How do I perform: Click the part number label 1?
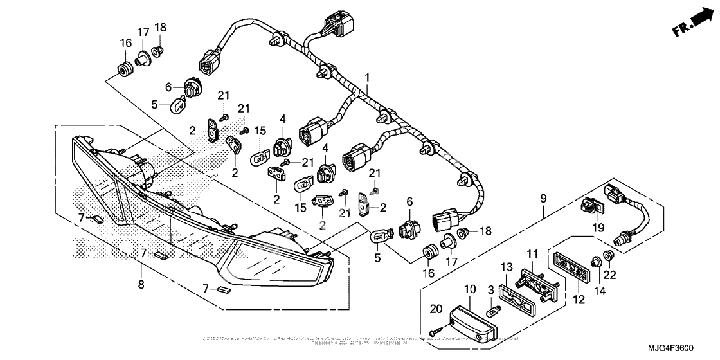[x=367, y=78]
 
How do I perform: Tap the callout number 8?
[x=141, y=283]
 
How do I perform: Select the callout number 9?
[x=543, y=199]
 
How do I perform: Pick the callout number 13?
[x=507, y=267]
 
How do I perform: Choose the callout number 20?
[x=436, y=309]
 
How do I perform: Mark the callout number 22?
[x=608, y=276]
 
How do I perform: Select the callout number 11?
[x=532, y=255]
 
